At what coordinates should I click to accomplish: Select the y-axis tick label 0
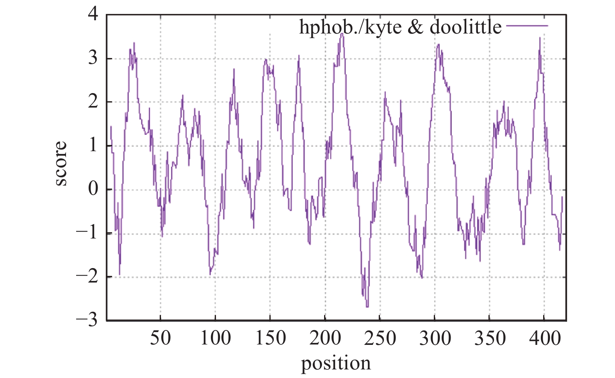[x=93, y=189]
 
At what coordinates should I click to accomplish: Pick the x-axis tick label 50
[x=160, y=338]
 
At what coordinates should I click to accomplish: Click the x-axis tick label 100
[x=215, y=338]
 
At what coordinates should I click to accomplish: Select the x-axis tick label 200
[x=325, y=338]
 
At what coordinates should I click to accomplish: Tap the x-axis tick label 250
[x=380, y=338]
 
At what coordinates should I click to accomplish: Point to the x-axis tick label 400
[x=544, y=338]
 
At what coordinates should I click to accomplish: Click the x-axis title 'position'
[x=336, y=363]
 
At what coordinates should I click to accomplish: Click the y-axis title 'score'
[x=61, y=164]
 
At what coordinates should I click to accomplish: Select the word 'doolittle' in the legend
[x=465, y=27]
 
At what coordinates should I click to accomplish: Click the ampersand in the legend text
[x=415, y=27]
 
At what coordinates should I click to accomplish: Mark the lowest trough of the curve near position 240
[x=367, y=307]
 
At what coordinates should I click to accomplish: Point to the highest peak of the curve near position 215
[x=342, y=34]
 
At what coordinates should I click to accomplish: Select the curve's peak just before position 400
[x=540, y=38]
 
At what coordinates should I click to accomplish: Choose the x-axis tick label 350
[x=490, y=338]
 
